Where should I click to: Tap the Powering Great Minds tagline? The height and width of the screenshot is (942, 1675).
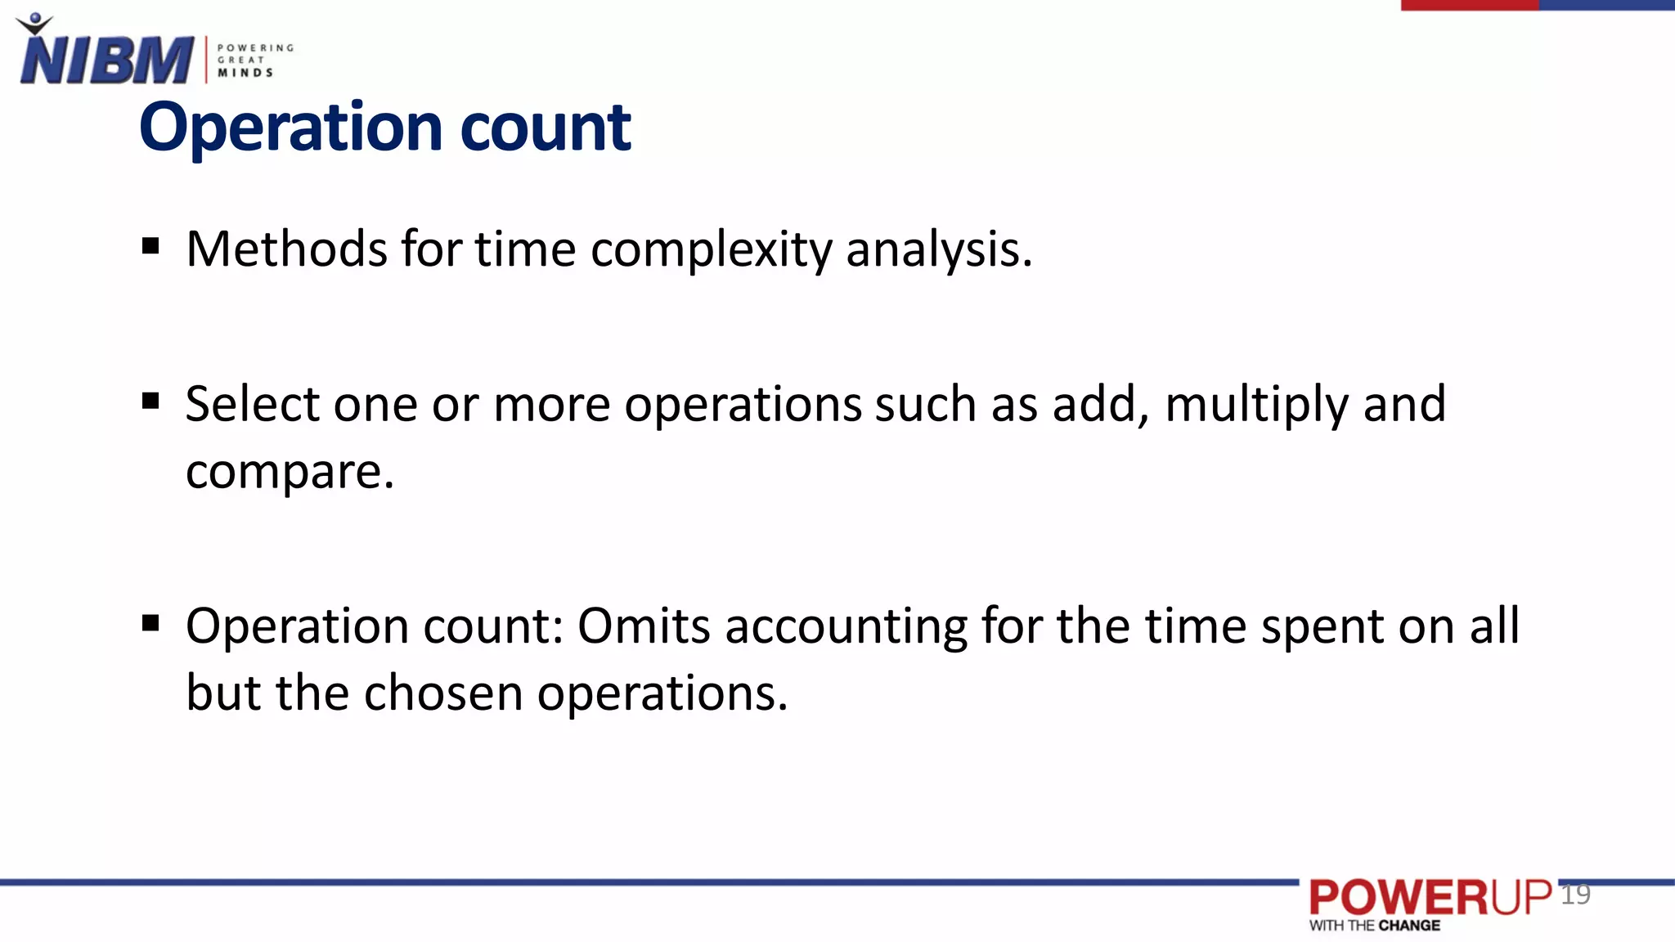pyautogui.click(x=254, y=61)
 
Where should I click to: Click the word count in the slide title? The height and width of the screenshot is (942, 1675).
pyautogui.click(x=546, y=128)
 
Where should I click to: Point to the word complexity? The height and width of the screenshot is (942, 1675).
pyautogui.click(x=712, y=250)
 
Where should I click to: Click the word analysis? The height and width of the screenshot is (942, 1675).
pyautogui.click(x=938, y=250)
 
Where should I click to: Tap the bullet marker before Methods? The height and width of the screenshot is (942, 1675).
pyautogui.click(x=150, y=246)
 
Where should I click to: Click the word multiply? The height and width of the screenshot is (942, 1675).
pyautogui.click(x=1256, y=406)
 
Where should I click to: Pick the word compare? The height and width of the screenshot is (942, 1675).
pyautogui.click(x=290, y=473)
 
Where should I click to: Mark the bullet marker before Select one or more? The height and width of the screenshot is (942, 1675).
pyautogui.click(x=150, y=401)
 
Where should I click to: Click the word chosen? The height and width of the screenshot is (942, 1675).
pyautogui.click(x=442, y=693)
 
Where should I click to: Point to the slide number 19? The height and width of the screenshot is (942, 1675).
pyautogui.click(x=1575, y=895)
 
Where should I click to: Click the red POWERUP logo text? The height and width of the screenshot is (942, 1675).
pyautogui.click(x=1430, y=898)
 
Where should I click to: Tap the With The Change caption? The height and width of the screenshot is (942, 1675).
pyautogui.click(x=1375, y=926)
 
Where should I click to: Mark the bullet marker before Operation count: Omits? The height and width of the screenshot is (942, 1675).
pyautogui.click(x=150, y=624)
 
